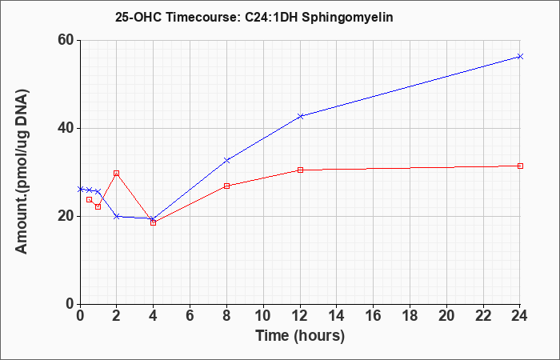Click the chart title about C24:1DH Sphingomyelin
[254, 16]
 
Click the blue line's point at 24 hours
[521, 56]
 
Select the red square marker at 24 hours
[521, 166]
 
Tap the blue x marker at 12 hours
[301, 116]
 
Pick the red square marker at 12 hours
[301, 170]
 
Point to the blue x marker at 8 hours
[227, 160]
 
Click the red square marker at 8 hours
[227, 186]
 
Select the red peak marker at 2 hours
[117, 173]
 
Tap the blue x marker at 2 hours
[117, 216]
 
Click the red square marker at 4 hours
[154, 222]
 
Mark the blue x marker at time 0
[80, 189]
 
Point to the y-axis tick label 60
[65, 40]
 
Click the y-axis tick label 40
[65, 128]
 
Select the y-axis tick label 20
[65, 216]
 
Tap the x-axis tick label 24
[521, 316]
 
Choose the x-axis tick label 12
[300, 316]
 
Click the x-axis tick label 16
[374, 316]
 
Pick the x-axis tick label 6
[190, 316]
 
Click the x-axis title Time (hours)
[300, 335]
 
